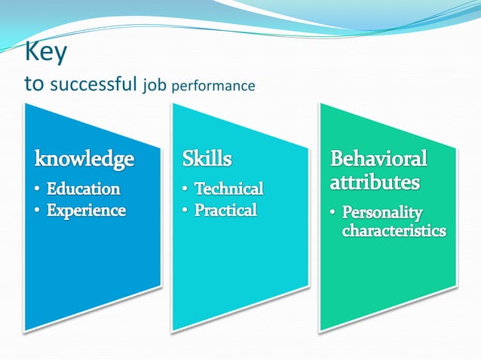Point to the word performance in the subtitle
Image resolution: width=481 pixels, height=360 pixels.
coord(213,86)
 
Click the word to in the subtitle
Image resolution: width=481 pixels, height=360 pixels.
coord(35,84)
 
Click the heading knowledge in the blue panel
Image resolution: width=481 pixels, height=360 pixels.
coord(84,159)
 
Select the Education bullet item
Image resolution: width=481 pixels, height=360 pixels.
coord(84,188)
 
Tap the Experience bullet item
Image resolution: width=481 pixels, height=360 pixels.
coord(86,210)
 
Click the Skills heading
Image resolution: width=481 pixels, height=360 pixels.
coord(207,159)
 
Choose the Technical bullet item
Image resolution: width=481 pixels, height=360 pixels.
coord(228,188)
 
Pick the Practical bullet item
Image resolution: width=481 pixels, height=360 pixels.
coord(225,210)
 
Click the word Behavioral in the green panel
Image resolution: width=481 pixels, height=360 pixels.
coord(378,159)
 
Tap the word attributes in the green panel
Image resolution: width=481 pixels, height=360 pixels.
coord(375,182)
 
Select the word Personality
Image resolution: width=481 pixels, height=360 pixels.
coord(382,212)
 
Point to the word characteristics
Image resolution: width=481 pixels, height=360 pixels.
coord(394,230)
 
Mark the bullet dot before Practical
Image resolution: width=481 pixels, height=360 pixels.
coord(185,211)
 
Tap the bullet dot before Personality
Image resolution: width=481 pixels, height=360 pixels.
coord(332,213)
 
